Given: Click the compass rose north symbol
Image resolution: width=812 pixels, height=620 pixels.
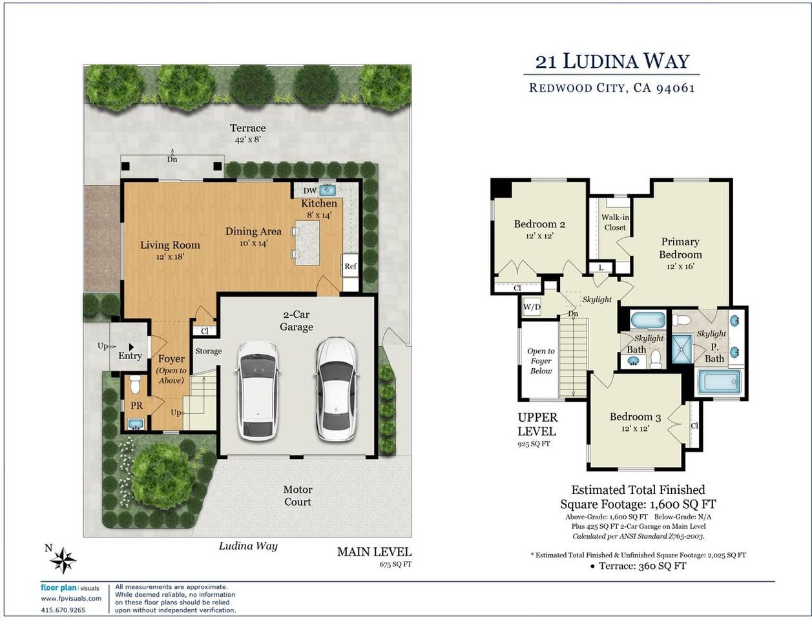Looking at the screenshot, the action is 63,561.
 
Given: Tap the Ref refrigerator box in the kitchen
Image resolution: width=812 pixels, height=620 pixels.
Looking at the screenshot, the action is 350,266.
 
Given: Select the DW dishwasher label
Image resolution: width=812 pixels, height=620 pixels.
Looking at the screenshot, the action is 310,191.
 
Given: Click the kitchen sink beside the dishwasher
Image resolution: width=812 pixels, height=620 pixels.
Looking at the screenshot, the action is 328,190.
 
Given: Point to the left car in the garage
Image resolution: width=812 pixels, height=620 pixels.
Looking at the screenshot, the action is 258,391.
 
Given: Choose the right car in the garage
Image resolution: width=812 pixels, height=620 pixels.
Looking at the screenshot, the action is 336,389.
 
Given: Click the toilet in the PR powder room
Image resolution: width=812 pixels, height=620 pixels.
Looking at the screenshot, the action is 136,384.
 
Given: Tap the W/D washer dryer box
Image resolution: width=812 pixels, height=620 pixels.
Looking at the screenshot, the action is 532,307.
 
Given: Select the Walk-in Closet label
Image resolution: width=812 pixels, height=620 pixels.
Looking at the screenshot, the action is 615,223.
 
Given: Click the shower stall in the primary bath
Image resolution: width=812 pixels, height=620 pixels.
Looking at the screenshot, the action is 682,349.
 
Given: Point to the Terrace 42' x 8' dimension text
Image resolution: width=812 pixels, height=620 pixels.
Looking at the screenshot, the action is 248,139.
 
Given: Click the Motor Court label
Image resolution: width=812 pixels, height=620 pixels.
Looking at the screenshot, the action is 298,495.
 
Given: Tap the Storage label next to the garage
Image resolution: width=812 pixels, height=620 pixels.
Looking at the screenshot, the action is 209,351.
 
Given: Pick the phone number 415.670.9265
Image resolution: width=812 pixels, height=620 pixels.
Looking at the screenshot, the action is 63,610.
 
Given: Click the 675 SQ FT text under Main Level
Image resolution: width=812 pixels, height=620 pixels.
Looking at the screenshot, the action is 395,564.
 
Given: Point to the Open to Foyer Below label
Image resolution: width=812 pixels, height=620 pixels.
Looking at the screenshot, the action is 541,361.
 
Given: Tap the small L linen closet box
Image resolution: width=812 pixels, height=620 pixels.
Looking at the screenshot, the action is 601,267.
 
